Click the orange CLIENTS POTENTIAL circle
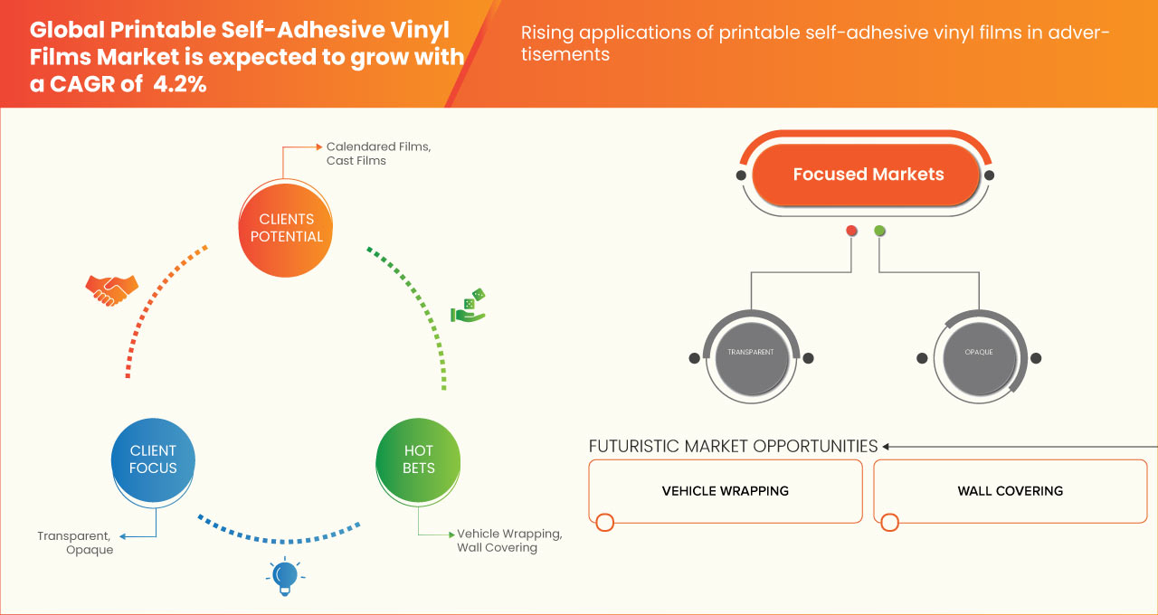(x=286, y=228)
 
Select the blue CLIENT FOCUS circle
(x=153, y=459)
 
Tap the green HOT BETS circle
(x=418, y=459)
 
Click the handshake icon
(x=111, y=289)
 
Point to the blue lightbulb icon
(x=285, y=576)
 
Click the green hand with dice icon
(x=469, y=307)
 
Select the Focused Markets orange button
(x=867, y=175)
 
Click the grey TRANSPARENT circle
(x=750, y=352)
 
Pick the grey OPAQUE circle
(x=978, y=352)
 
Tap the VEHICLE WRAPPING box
(x=725, y=491)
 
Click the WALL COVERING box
(x=1010, y=491)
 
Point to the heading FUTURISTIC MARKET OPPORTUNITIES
(x=733, y=446)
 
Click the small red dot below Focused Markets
(x=851, y=231)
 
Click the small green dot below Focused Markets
(x=880, y=231)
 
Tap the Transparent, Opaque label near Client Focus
(x=75, y=543)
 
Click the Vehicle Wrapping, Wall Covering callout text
(x=508, y=540)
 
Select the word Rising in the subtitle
(x=546, y=33)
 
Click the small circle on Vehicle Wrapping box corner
(x=604, y=522)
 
